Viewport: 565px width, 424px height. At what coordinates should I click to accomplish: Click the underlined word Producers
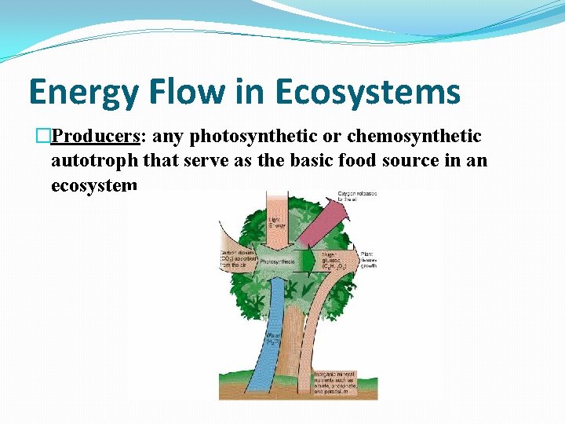[x=95, y=137]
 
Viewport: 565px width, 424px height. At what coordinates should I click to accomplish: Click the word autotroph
[x=93, y=161]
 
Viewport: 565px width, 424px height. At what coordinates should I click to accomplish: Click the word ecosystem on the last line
[x=93, y=186]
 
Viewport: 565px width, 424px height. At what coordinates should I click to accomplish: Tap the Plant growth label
[x=370, y=259]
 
